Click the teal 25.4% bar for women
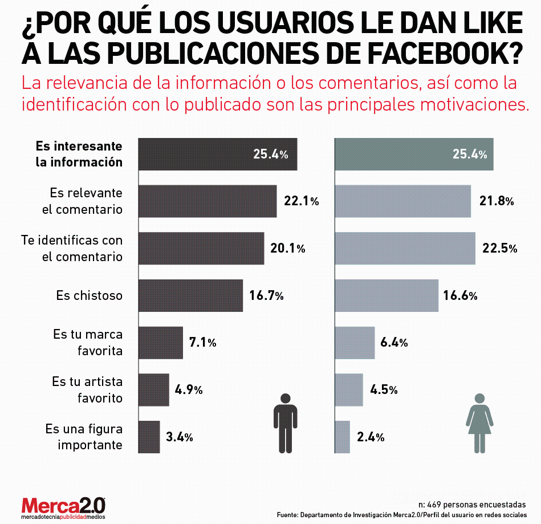tap(413, 154)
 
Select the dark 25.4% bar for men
tap(217, 154)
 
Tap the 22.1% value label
tap(301, 201)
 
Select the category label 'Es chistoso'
tap(89, 295)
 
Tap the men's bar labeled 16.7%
tap(190, 295)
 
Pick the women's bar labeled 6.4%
tap(355, 343)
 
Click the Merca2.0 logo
tap(63, 507)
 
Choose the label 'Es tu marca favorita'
tap(88, 342)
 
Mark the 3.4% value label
tap(180, 437)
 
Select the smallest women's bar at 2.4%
tap(342, 437)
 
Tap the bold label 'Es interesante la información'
tap(79, 154)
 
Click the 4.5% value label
tap(384, 390)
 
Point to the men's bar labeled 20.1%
tap(201, 248)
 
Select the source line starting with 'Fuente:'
tap(401, 515)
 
